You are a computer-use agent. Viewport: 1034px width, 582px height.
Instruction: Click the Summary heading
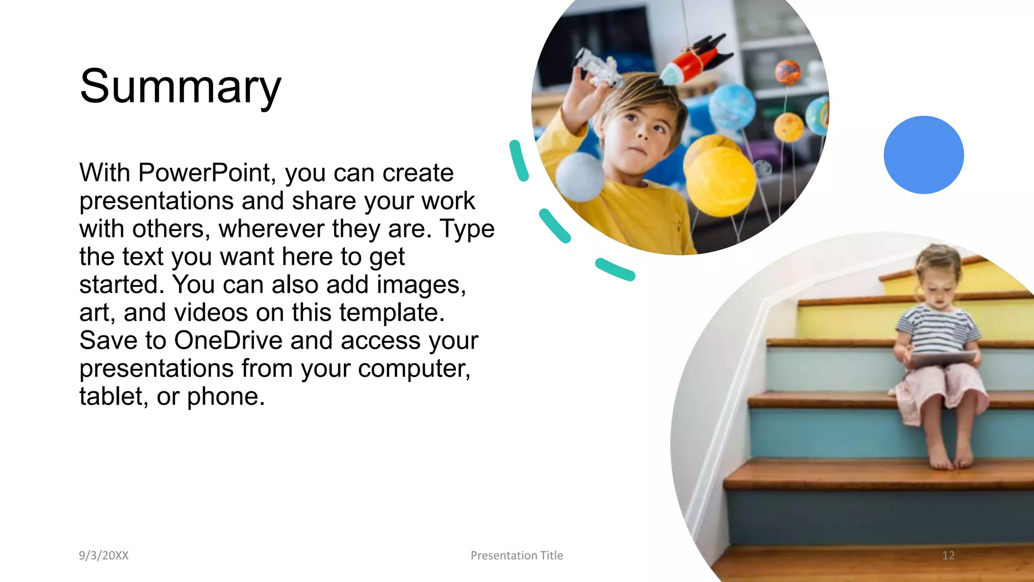(x=180, y=86)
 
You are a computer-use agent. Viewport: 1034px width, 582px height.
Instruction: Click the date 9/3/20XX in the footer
(x=104, y=555)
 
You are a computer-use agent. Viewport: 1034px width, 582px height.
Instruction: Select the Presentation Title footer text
(x=516, y=555)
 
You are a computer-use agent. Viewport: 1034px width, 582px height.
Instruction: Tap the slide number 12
(x=948, y=555)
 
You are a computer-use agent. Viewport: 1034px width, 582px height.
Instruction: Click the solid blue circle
(x=923, y=155)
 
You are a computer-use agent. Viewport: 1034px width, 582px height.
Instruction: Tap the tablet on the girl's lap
(x=942, y=358)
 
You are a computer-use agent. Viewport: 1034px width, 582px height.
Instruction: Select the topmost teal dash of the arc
(x=519, y=161)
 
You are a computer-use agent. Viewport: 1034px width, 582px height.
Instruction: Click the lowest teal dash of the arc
(x=614, y=269)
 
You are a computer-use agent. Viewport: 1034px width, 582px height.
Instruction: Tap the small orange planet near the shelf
(x=788, y=72)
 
